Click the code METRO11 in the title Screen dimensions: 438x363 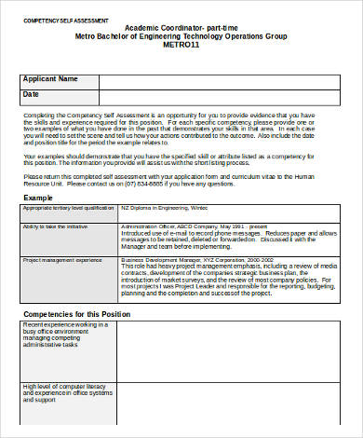tap(181, 44)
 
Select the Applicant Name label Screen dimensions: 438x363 tap(50, 79)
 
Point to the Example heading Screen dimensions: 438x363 tap(38, 198)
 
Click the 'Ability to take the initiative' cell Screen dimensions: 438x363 tap(57, 227)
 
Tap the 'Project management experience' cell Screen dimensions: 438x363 tap(62, 260)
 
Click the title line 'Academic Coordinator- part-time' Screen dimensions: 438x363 tap(181, 28)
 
